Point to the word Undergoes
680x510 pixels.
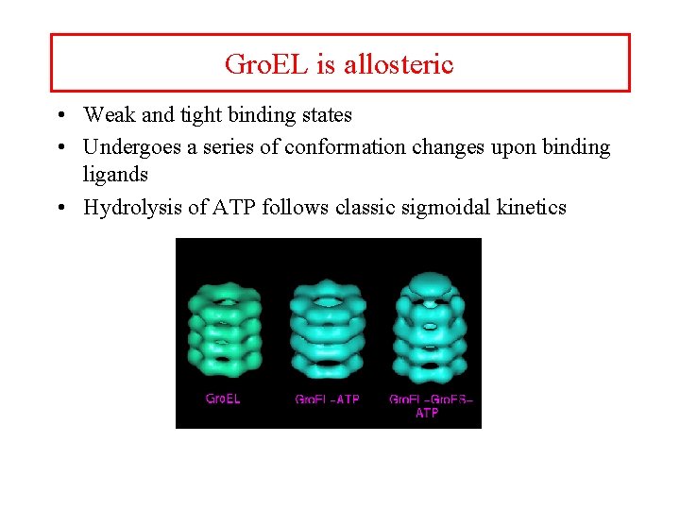pos(129,147)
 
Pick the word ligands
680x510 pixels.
pos(115,175)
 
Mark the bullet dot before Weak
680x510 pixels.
pos(59,116)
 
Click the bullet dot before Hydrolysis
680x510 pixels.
pos(59,208)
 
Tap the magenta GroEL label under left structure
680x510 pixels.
pos(223,399)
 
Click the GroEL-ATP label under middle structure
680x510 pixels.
pos(328,399)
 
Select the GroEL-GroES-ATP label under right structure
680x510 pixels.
pos(430,405)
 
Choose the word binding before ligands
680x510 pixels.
pos(574,147)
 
